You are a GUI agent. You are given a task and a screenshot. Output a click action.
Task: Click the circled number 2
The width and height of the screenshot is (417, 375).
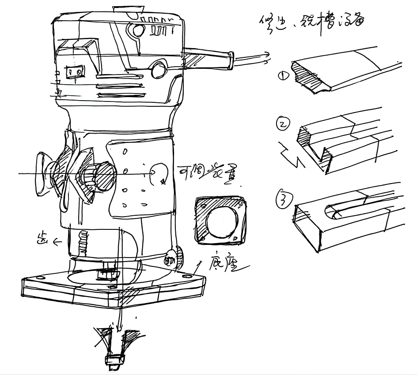click(283, 124)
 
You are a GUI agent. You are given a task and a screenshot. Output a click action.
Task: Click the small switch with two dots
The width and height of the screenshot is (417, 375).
click(74, 71)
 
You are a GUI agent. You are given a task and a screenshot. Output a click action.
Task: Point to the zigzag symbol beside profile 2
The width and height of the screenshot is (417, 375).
click(290, 155)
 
